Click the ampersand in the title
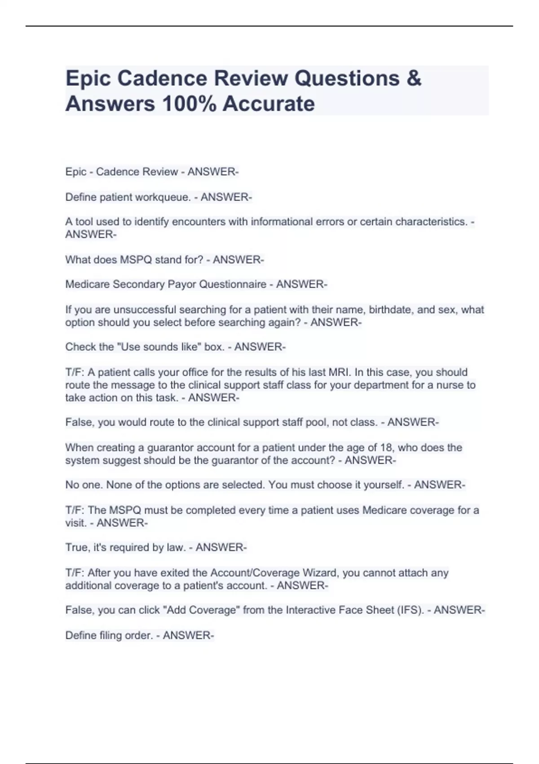tap(414, 78)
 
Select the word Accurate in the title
tap(269, 104)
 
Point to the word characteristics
tap(431, 222)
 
